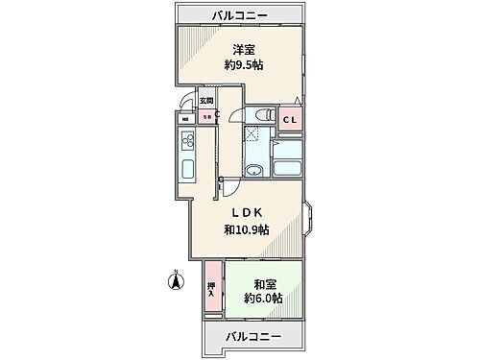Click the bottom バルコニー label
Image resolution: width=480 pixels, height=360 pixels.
click(253, 337)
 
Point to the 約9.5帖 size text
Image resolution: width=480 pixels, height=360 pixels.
click(245, 64)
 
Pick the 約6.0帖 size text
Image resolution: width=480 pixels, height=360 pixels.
click(262, 300)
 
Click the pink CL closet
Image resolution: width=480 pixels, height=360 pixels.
click(288, 118)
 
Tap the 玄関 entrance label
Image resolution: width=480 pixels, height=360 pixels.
click(206, 101)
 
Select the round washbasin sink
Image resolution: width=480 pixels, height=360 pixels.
click(252, 172)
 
